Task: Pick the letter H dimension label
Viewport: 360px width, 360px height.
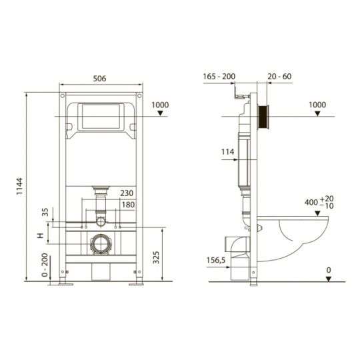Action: click(41, 236)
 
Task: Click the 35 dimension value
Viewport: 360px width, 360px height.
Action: click(45, 213)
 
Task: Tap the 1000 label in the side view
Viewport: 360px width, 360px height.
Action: click(319, 105)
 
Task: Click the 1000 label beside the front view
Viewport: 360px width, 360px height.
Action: click(160, 105)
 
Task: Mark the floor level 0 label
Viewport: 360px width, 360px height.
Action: click(328, 269)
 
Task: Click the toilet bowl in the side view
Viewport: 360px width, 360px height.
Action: click(300, 237)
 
